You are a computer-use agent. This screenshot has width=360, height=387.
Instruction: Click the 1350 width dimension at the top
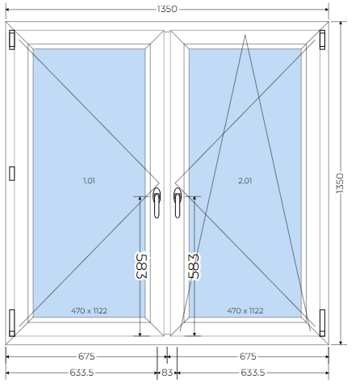coord(167,9)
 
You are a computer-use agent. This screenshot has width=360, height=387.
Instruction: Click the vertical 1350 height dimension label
coord(340,183)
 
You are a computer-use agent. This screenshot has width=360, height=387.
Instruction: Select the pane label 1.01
coord(89,180)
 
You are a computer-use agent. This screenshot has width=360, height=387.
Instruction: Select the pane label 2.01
coord(245,180)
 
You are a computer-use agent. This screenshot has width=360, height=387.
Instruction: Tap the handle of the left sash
coord(157,203)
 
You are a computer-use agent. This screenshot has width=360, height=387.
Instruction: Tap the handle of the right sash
coord(177,203)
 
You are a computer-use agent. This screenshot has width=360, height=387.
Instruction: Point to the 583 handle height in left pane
coord(141,267)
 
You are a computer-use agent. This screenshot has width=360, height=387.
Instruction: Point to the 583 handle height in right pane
coord(194,267)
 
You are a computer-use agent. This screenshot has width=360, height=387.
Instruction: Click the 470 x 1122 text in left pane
coord(89,311)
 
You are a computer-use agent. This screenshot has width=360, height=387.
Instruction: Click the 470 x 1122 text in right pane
coord(245,311)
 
